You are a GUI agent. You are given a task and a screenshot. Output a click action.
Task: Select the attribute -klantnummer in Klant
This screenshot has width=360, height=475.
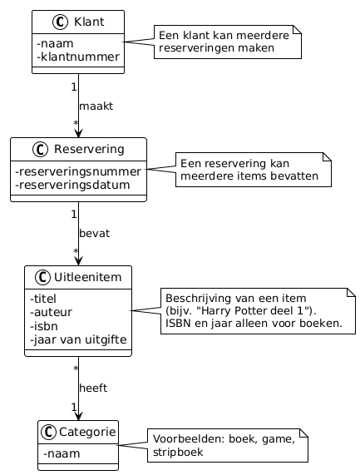click(x=77, y=57)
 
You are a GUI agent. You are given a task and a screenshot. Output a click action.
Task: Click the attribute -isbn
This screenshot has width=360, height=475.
click(x=43, y=326)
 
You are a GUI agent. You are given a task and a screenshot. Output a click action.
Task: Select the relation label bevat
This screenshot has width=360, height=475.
click(x=94, y=234)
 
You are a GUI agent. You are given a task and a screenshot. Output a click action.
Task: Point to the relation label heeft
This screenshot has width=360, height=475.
click(x=93, y=388)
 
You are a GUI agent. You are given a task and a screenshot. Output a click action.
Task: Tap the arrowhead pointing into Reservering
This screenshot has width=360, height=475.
click(x=78, y=131)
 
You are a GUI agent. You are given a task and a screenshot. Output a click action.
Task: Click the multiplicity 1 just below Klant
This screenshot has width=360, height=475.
click(x=73, y=87)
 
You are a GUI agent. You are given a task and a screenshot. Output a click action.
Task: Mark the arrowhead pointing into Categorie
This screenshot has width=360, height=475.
click(x=78, y=413)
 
